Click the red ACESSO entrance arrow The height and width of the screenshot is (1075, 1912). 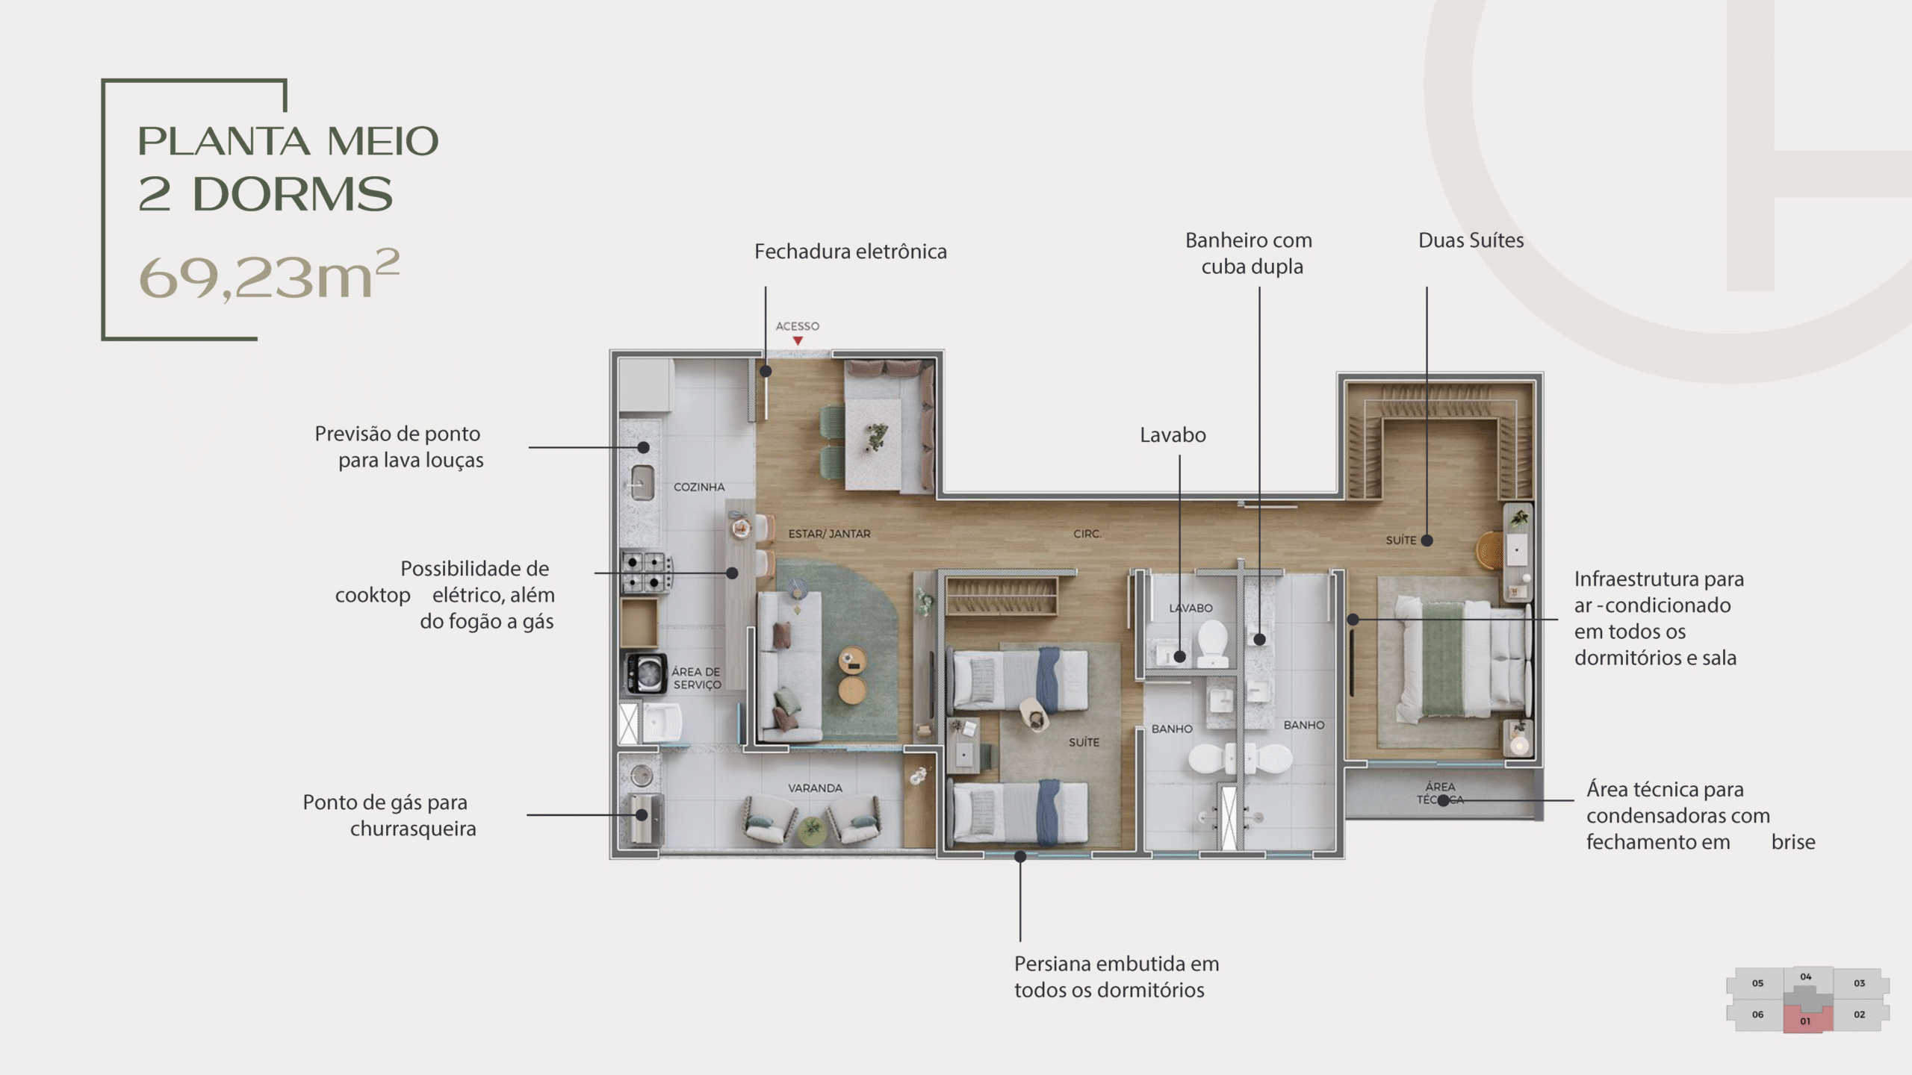(x=798, y=341)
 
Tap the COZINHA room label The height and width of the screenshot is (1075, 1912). (x=699, y=487)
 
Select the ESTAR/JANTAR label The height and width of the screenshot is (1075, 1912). (x=829, y=534)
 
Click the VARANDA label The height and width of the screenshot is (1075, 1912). (x=815, y=788)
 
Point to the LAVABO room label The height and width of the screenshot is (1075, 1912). (x=1191, y=608)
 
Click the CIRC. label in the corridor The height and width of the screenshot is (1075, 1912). (x=1087, y=534)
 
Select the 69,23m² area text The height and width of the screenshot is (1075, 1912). (x=269, y=276)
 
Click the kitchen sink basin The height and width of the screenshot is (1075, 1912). (x=642, y=482)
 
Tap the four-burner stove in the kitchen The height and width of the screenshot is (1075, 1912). (x=643, y=572)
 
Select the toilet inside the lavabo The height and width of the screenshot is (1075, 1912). (x=1213, y=644)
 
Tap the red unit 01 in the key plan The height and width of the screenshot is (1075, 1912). (x=1805, y=1021)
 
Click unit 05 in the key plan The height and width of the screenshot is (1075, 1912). (x=1757, y=983)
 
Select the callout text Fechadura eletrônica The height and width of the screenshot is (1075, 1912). (x=850, y=252)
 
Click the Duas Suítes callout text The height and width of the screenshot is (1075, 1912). (x=1471, y=240)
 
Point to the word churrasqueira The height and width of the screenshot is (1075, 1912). (x=413, y=829)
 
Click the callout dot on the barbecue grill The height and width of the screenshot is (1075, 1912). (x=642, y=814)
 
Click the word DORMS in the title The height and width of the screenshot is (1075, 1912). (x=292, y=195)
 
